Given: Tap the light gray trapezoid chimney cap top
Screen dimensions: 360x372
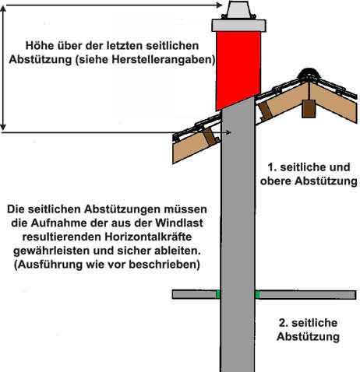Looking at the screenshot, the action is [238, 9].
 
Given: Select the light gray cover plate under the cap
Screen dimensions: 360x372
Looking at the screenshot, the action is [238, 26].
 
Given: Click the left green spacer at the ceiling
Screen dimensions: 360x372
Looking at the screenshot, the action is [218, 294].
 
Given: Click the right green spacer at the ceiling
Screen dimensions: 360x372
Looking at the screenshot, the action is [257, 295].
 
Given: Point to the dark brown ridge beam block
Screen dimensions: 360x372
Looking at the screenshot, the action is [309, 109].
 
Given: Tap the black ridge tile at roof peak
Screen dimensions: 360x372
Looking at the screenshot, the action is [309, 74].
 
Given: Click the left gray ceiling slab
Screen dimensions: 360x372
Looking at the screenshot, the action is [194, 294].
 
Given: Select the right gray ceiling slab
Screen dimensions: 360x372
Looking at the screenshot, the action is [308, 295].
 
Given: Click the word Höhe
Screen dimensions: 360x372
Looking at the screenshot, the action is [37, 46].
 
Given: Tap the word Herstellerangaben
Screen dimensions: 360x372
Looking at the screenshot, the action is [163, 60].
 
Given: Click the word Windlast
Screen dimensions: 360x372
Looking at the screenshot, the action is [179, 223].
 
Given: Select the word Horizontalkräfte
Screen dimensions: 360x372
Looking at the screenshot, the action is [148, 237].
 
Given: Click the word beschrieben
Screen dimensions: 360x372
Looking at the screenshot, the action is [164, 265].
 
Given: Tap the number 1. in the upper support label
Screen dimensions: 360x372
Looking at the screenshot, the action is [272, 167].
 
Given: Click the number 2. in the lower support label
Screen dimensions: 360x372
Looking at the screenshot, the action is [284, 323].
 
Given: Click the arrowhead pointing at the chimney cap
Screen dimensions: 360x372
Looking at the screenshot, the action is [220, 5].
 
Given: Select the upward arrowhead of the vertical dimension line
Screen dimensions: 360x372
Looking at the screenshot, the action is [3, 9].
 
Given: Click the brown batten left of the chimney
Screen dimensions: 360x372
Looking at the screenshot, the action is [211, 136].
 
